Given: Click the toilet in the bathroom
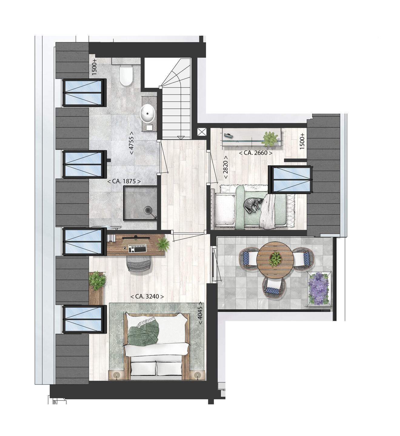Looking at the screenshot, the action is [126, 76].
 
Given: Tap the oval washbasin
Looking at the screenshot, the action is [148, 113].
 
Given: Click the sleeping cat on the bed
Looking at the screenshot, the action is [253, 204].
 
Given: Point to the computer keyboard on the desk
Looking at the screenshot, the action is [137, 248].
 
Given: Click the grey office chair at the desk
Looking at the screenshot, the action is [138, 264].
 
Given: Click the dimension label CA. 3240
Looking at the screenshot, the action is [147, 296].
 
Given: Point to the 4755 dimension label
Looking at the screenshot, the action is [132, 143].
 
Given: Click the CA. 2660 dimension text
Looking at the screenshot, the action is [255, 153].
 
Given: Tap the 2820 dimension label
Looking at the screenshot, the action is [226, 167].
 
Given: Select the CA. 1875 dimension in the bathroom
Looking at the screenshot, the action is [124, 181].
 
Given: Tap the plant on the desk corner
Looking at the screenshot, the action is [163, 244].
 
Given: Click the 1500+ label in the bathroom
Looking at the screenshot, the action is [94, 67].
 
